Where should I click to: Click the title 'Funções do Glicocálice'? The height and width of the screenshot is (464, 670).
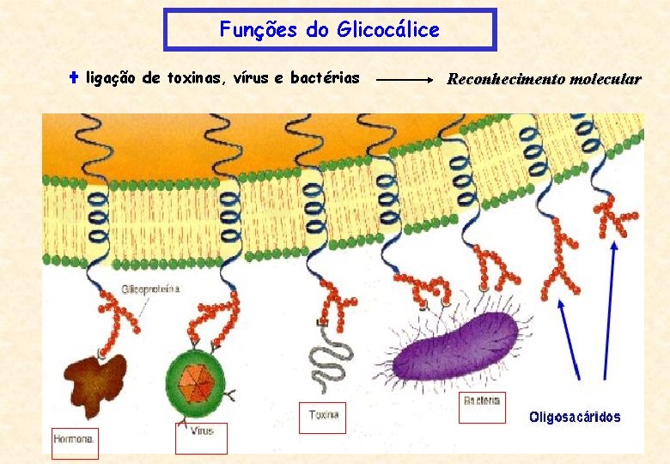329,30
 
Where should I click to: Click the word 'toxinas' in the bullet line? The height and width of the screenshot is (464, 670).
192,78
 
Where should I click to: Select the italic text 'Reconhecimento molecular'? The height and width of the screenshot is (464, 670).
544,79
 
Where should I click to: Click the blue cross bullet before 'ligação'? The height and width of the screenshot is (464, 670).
74,78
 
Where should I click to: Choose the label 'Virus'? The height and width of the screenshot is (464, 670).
202,431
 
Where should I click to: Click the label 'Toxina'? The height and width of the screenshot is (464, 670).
323,416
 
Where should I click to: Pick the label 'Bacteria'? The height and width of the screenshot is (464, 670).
482,401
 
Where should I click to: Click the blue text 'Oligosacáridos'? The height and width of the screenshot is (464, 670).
575,418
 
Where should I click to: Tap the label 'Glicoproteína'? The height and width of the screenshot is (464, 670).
151,290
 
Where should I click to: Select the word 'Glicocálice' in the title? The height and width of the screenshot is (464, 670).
387,30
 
